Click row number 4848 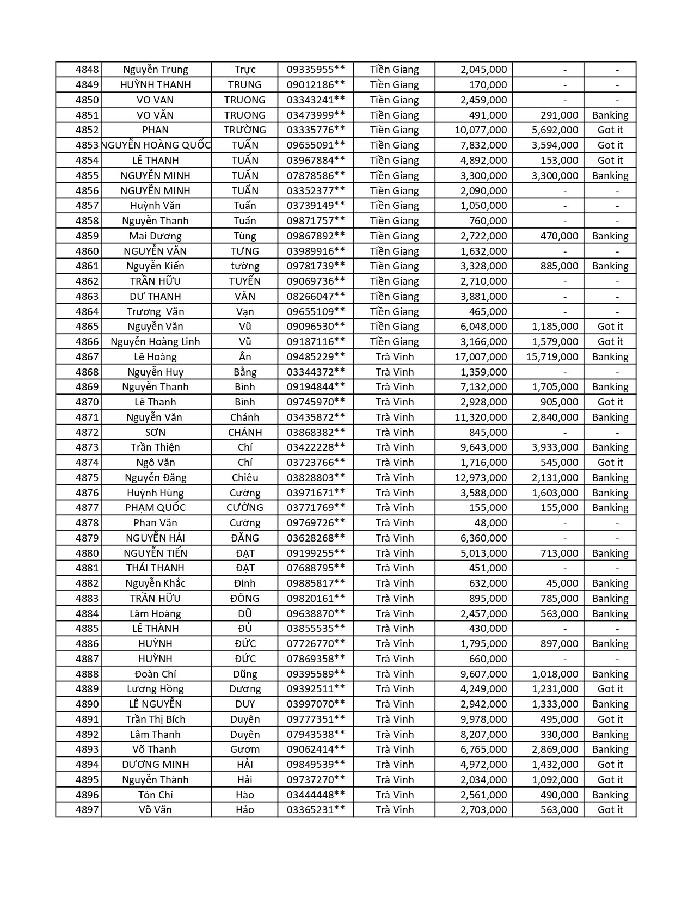(x=87, y=70)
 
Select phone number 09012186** (x=316, y=85)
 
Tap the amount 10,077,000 (x=481, y=130)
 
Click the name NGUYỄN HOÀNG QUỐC (x=156, y=145)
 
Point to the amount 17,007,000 (x=481, y=357)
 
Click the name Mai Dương (x=155, y=236)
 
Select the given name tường (x=245, y=266)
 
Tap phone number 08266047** (x=316, y=297)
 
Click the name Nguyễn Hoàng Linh (x=155, y=342)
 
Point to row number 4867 (x=87, y=357)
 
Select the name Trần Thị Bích (x=155, y=719)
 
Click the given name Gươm (x=245, y=749)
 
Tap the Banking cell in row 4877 (x=610, y=508)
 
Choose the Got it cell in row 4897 (x=610, y=810)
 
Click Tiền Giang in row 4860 (x=394, y=251)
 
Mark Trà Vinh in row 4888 (x=394, y=674)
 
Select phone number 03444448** (x=316, y=795)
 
